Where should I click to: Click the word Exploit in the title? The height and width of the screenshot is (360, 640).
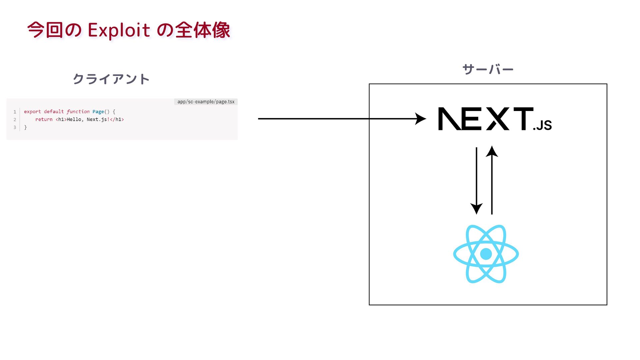[119, 30]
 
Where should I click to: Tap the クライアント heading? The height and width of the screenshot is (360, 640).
[111, 79]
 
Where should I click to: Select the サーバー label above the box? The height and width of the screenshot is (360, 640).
[488, 69]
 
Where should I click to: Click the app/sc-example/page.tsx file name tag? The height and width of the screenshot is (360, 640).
[206, 102]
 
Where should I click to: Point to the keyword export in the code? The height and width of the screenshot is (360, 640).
[32, 112]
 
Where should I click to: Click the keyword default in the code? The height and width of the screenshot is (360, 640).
[54, 112]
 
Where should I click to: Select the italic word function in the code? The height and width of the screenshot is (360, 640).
[78, 112]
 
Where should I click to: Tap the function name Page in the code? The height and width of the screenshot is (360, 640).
[98, 112]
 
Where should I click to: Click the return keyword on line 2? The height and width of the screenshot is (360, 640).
[44, 119]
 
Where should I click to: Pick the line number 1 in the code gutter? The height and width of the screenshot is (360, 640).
[15, 112]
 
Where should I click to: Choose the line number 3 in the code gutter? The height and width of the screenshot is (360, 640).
[15, 127]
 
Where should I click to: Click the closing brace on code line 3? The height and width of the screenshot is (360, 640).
[25, 127]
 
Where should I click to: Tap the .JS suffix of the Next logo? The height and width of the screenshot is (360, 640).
[542, 125]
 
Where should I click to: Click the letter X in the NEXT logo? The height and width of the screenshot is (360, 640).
[498, 119]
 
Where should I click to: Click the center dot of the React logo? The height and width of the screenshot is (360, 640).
[486, 254]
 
